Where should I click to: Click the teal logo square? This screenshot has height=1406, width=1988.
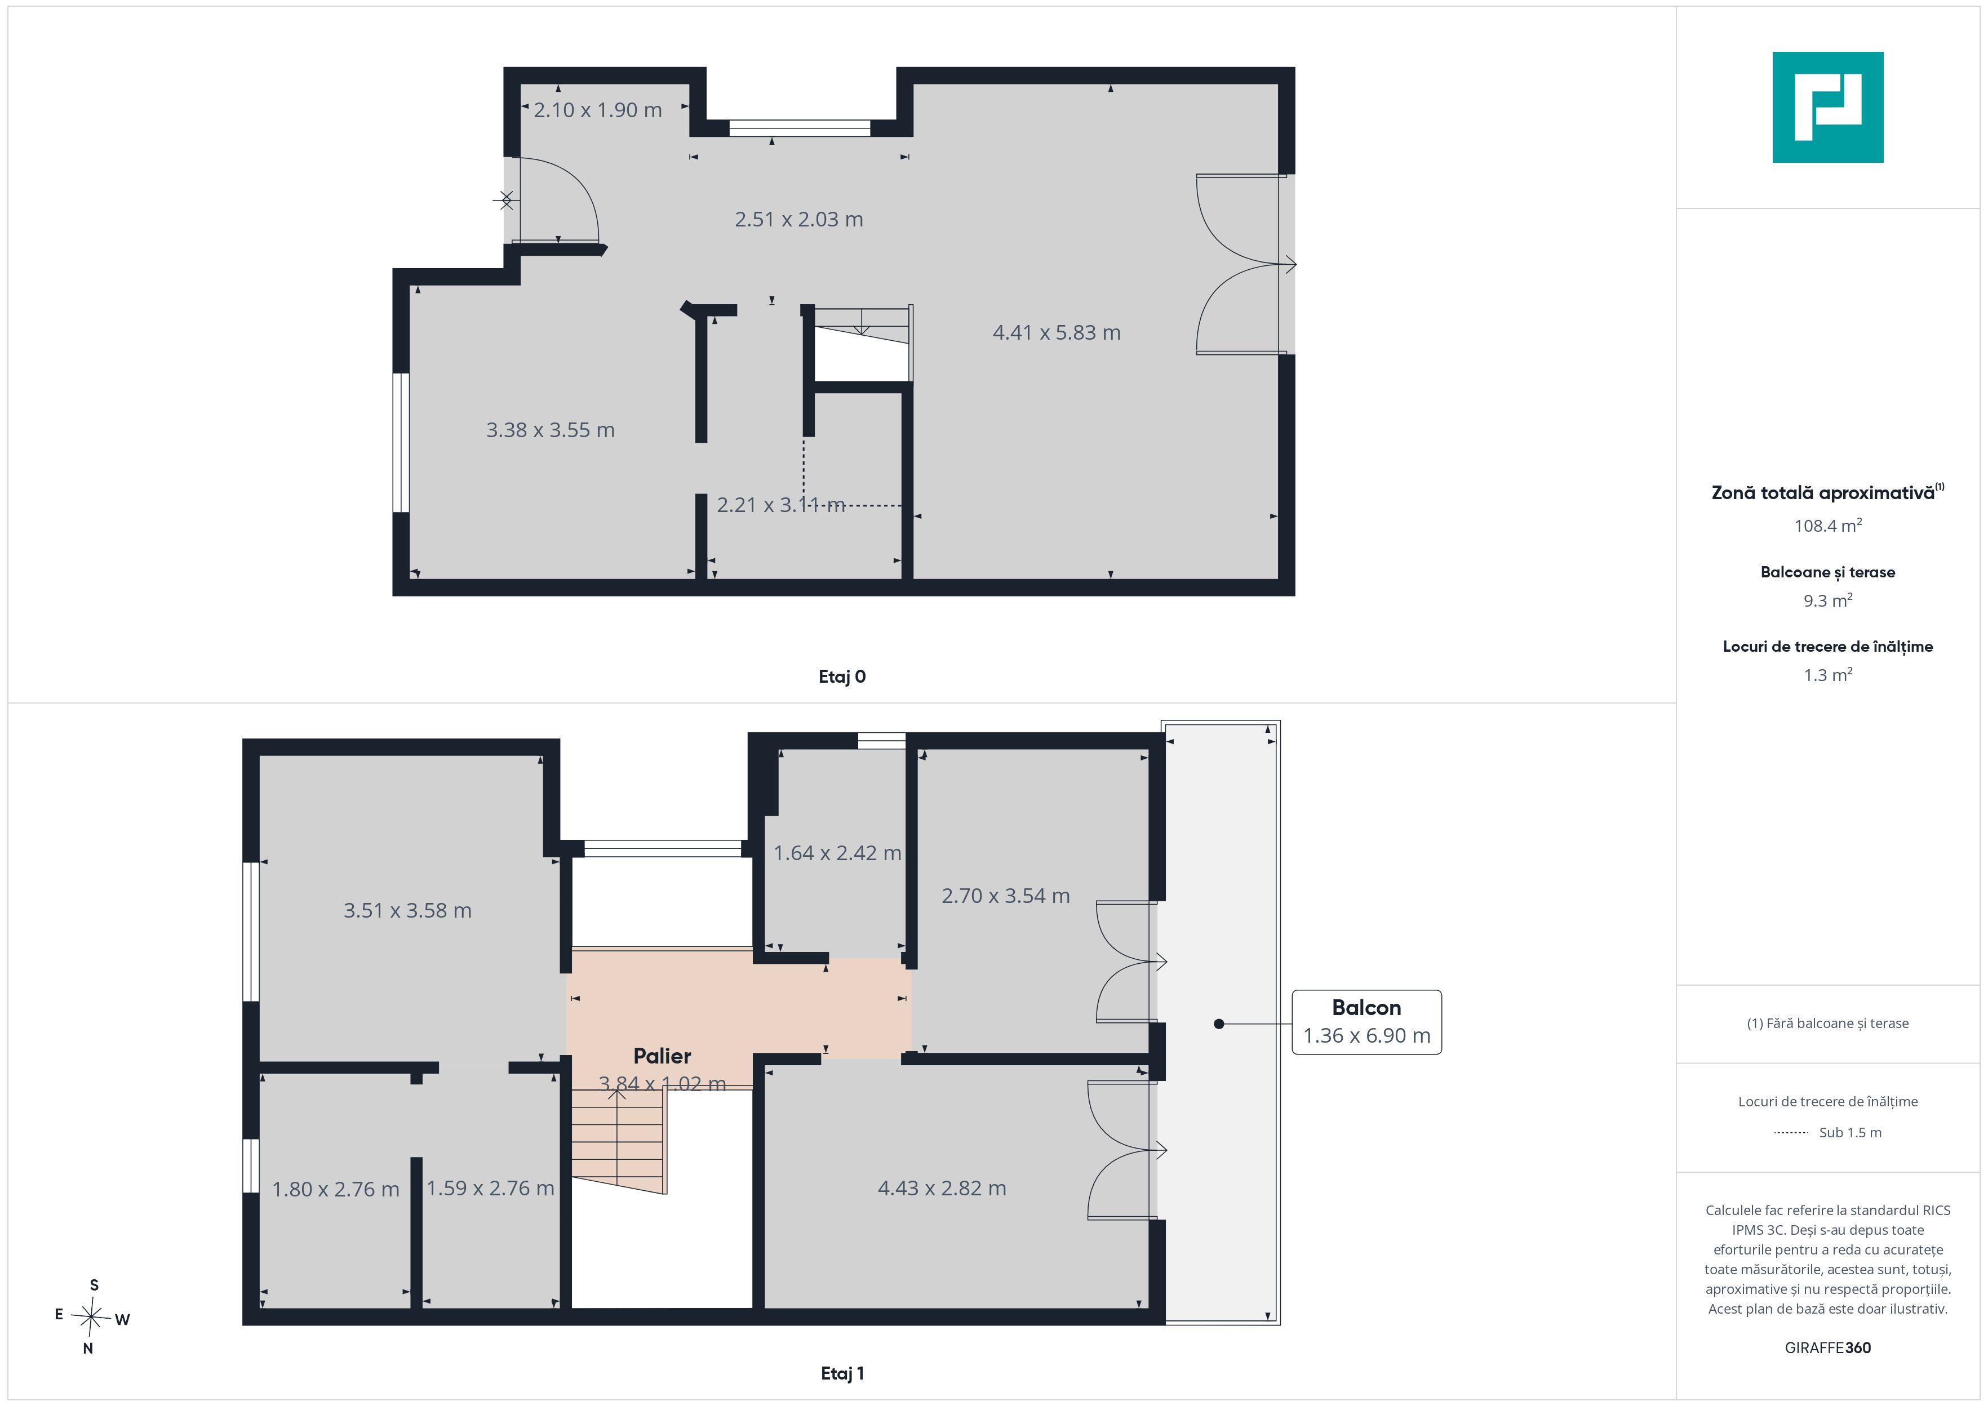click(x=1828, y=108)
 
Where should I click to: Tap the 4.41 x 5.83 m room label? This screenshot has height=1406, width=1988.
click(x=1057, y=332)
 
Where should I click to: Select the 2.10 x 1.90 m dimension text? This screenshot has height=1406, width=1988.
click(x=597, y=110)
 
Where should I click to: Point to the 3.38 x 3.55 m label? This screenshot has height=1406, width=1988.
click(x=550, y=430)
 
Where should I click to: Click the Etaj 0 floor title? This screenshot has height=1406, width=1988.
click(x=842, y=677)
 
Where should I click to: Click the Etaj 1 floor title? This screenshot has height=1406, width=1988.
click(x=842, y=1373)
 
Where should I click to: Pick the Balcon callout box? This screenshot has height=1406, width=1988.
click(x=1366, y=1022)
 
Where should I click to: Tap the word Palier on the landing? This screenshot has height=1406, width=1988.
click(x=662, y=1056)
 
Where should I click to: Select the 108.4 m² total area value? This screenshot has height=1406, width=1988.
click(x=1828, y=526)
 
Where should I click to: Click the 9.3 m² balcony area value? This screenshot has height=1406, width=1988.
click(x=1828, y=600)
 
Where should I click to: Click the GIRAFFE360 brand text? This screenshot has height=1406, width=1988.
click(x=1828, y=1348)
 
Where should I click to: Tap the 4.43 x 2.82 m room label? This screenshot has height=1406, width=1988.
click(x=942, y=1189)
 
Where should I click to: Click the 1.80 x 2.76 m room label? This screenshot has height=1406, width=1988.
click(x=336, y=1190)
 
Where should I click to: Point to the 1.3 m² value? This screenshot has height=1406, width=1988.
click(x=1828, y=675)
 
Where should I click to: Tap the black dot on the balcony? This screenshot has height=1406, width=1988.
click(x=1219, y=1024)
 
